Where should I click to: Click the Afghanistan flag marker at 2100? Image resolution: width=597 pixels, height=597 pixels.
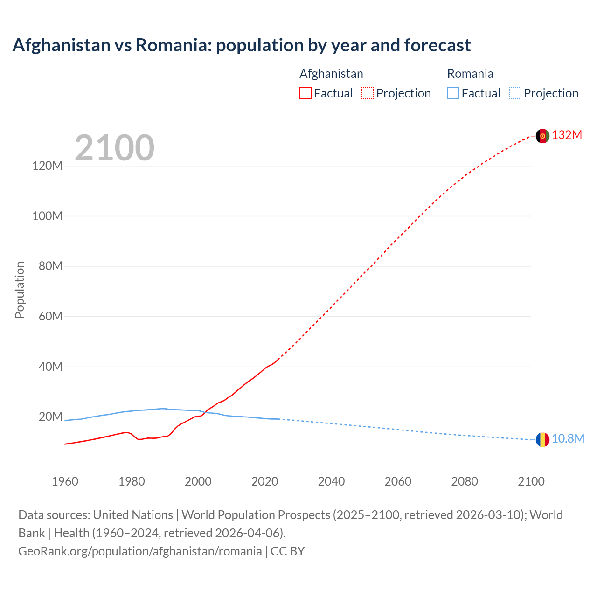coord(542,136)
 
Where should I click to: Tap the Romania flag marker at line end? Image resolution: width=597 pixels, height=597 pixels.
coord(542,439)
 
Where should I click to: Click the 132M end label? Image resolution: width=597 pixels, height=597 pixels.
coord(567,135)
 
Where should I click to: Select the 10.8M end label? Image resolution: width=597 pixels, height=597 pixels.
coord(568,439)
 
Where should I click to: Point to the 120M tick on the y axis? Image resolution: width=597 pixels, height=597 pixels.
coord(47,166)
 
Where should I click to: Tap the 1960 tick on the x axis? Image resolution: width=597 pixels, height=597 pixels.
coord(65,481)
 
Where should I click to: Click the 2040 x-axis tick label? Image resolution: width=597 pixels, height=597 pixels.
coord(331,481)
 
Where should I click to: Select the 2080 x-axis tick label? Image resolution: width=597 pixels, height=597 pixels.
coord(465,481)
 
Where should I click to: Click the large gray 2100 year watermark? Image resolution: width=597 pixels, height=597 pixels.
coord(114,148)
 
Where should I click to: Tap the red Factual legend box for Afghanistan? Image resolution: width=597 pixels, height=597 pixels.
coord(305,93)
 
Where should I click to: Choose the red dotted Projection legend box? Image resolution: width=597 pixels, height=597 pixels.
coord(368,93)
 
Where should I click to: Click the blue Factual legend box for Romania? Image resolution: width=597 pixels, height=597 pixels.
coord(453,93)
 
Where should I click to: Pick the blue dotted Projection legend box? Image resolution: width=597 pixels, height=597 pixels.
coord(515,93)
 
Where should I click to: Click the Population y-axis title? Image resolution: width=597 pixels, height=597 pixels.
coord(20,290)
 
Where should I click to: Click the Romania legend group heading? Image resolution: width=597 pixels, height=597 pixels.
coord(470,74)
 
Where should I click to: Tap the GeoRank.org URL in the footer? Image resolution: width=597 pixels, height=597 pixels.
coord(140,551)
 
